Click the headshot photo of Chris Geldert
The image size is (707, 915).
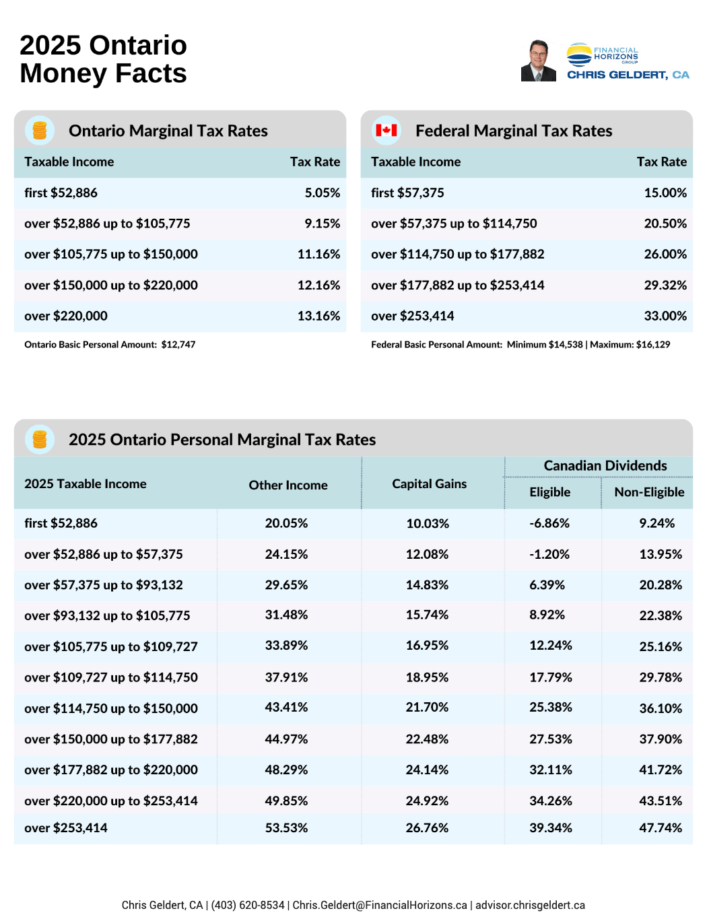pos(538,61)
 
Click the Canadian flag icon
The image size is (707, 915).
pos(386,130)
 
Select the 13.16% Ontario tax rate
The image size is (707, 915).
pos(318,316)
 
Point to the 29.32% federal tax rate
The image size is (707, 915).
pos(665,285)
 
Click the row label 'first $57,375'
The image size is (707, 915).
pos(407,193)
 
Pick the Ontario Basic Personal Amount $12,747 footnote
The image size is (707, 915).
pos(110,344)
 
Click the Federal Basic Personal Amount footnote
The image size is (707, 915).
pos(520,344)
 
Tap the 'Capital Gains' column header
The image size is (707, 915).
pos(429,483)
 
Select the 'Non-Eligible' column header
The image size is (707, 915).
pos(649,492)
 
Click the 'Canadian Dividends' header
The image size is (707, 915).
pos(605,465)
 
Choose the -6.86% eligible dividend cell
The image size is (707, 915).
pos(549,523)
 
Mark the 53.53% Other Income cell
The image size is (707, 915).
pos(286,827)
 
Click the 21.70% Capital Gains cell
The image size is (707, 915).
pos(427,708)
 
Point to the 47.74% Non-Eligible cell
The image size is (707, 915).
pos(660,827)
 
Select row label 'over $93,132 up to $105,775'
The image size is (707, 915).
pos(107,615)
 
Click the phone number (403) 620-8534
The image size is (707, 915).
pos(248,905)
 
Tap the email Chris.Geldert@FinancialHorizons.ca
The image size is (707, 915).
pos(380,905)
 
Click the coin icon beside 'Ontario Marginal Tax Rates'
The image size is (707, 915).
pos(40,130)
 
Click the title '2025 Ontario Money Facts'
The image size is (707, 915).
pos(103,59)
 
